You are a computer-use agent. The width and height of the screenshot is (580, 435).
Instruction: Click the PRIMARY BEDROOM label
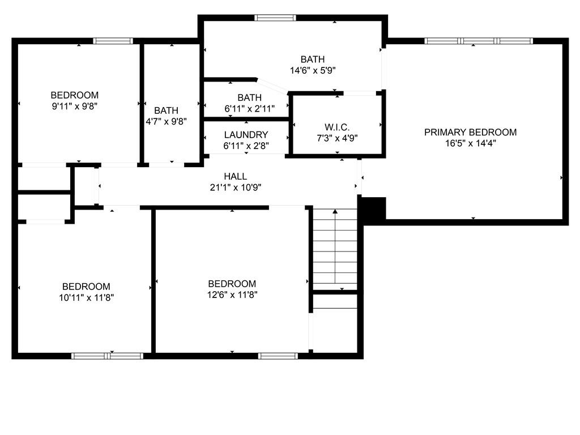(x=470, y=132)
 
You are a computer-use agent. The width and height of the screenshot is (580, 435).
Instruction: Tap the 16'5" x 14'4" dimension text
(x=470, y=143)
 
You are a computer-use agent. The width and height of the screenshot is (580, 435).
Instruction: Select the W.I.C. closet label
(x=337, y=127)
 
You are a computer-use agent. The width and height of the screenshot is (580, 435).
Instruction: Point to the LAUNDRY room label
(x=246, y=135)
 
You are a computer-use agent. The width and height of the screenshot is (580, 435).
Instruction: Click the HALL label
(x=235, y=177)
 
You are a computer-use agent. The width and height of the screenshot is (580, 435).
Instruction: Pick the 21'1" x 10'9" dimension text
(x=236, y=187)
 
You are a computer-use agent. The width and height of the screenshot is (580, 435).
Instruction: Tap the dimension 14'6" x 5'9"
(x=313, y=70)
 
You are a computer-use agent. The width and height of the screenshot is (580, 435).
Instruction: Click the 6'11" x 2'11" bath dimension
(x=250, y=109)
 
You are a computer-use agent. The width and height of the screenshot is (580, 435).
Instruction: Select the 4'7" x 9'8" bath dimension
(x=166, y=121)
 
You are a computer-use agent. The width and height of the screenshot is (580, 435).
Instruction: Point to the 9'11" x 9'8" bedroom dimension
(x=75, y=106)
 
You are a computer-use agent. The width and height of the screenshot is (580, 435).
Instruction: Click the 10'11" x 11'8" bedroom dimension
(x=86, y=297)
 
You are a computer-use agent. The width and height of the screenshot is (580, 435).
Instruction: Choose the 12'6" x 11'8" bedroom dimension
(x=232, y=295)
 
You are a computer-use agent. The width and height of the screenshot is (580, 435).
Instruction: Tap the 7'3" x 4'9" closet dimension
(x=337, y=138)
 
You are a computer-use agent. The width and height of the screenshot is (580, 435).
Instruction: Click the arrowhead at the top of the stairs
(x=335, y=212)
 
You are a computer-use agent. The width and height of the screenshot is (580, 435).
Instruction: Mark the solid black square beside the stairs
(x=374, y=209)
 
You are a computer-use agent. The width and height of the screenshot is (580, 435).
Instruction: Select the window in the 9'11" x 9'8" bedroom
(x=113, y=41)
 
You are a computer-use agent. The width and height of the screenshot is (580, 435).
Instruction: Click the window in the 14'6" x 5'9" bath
(x=275, y=18)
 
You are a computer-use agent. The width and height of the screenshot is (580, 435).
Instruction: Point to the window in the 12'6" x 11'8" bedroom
(x=278, y=356)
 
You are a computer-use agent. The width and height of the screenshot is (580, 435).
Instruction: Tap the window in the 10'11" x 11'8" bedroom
(x=107, y=356)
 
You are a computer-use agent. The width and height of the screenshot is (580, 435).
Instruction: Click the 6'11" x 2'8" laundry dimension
(x=246, y=146)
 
